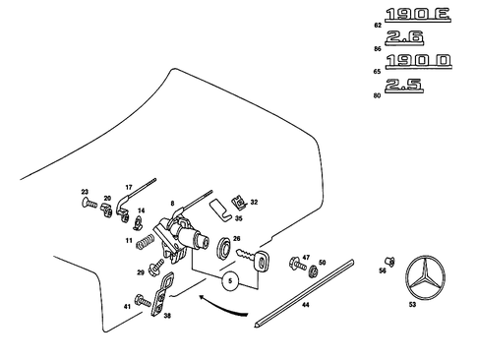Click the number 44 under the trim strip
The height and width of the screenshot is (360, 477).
tap(305, 306)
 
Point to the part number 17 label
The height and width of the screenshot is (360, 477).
tap(127, 185)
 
